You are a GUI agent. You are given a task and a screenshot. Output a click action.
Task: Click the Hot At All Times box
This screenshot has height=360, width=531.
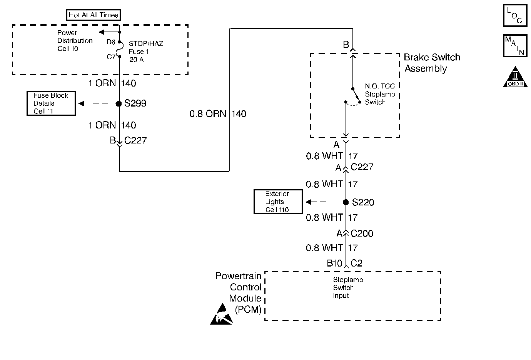coord(94,15)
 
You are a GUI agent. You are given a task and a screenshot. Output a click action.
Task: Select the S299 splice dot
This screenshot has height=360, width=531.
coord(119,103)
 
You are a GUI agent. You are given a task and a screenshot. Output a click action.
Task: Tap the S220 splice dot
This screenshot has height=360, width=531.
coord(346,202)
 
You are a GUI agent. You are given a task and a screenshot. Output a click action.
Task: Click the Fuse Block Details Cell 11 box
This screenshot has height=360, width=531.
coord(51,103)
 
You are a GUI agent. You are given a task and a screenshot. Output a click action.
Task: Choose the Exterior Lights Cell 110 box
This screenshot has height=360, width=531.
coord(278,202)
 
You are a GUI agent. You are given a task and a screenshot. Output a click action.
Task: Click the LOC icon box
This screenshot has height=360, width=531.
coord(515,15)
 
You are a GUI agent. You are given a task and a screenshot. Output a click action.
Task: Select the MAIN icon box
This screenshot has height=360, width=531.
coord(515,46)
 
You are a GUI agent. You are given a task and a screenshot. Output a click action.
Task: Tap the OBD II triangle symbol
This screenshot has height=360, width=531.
coord(515,77)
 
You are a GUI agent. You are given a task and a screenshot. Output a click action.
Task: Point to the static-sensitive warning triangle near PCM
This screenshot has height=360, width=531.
coord(221,314)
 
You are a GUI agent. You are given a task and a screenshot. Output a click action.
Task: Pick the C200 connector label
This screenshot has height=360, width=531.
coord(362,234)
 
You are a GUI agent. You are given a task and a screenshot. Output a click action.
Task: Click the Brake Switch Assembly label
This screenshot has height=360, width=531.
coord(432,63)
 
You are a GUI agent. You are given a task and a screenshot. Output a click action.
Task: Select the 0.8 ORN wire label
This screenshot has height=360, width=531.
coord(208,114)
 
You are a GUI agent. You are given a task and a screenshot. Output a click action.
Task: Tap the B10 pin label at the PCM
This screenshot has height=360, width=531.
coord(334,263)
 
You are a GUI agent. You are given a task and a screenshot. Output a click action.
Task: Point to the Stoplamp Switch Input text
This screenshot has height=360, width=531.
coord(348,288)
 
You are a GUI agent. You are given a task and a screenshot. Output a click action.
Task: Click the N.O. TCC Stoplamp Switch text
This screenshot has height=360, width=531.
coord(380,94)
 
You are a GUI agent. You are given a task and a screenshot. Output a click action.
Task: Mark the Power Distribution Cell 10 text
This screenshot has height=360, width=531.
coord(75,40)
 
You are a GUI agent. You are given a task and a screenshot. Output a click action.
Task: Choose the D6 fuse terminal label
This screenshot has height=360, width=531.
coord(111,42)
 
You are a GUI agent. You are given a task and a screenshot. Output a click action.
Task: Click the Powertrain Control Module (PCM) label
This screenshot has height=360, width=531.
coord(238,293)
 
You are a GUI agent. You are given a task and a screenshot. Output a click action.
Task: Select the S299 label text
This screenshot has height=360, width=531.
coord(135,103)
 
